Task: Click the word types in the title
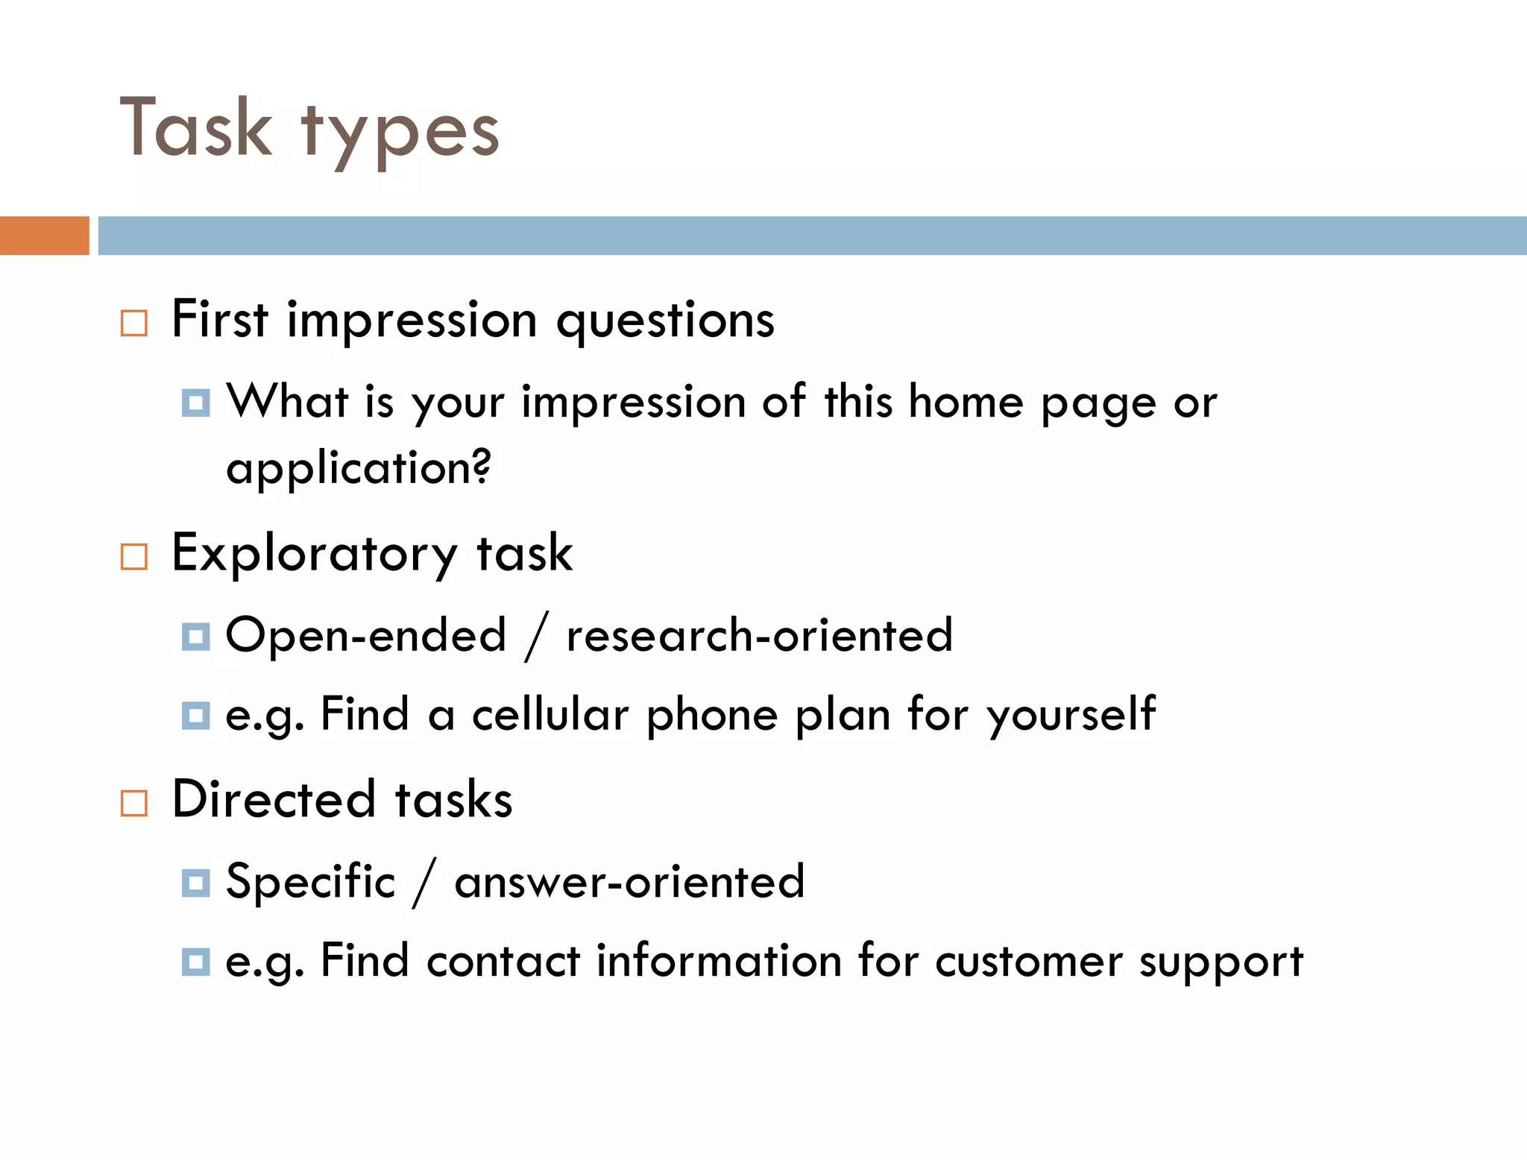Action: pyautogui.click(x=400, y=133)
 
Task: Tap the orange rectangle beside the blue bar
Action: pyautogui.click(x=44, y=236)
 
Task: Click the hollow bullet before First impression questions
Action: pyautogui.click(x=134, y=324)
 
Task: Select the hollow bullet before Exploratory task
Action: pyautogui.click(x=134, y=557)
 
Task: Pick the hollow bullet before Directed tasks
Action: pyautogui.click(x=134, y=804)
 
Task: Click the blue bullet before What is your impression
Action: pyautogui.click(x=195, y=403)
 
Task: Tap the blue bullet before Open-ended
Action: pyautogui.click(x=195, y=637)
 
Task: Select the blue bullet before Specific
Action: pyautogui.click(x=195, y=883)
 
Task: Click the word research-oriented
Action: pyautogui.click(x=759, y=636)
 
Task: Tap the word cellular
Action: pyautogui.click(x=550, y=715)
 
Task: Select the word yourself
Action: pyautogui.click(x=1071, y=715)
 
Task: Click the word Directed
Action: pyautogui.click(x=274, y=800)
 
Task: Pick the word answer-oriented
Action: pyautogui.click(x=629, y=882)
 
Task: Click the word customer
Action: pyautogui.click(x=1028, y=961)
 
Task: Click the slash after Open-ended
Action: pyautogui.click(x=536, y=637)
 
